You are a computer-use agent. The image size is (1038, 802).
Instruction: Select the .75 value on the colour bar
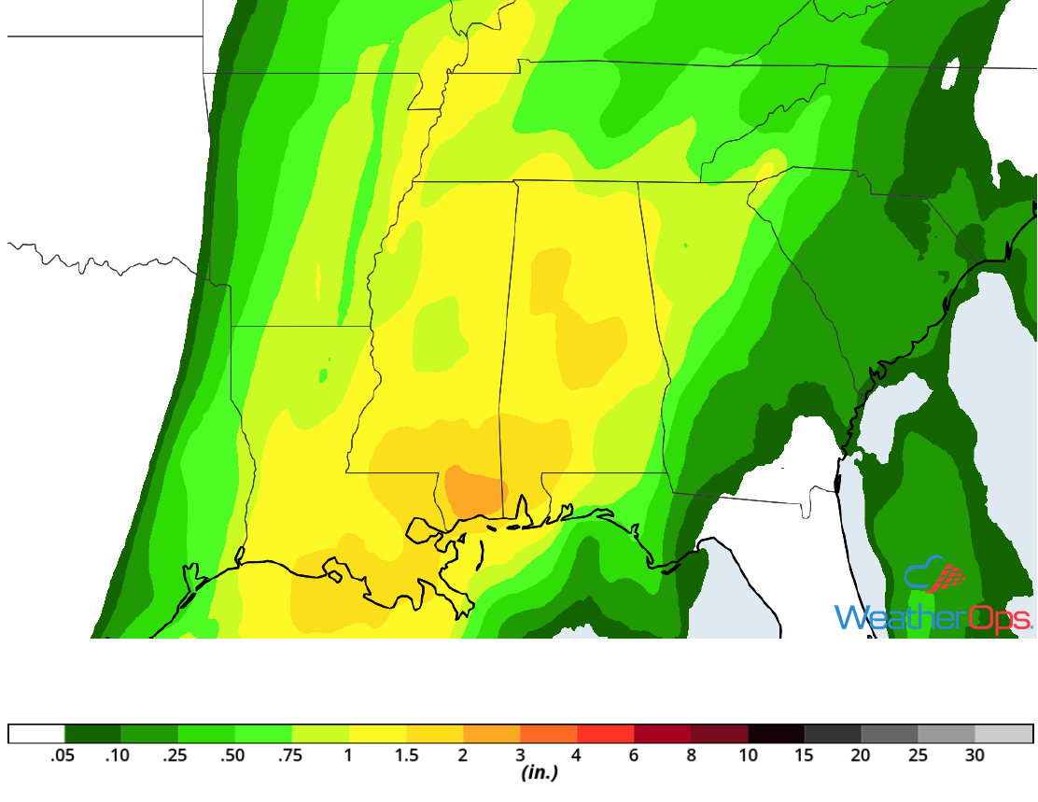291,755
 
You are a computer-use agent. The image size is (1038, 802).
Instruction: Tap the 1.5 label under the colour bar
405,755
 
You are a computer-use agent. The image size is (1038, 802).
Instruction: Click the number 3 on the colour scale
519,755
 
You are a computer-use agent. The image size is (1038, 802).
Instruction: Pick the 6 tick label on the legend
634,755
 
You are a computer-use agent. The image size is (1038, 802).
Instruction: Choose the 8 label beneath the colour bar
691,755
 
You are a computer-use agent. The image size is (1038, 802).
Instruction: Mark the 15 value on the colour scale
805,755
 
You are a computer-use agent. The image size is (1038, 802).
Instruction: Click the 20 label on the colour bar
862,755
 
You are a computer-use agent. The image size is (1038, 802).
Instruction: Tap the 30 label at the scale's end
975,755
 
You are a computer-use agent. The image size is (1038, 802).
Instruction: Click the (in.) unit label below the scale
539,773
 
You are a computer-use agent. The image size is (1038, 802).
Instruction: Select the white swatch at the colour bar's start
36,733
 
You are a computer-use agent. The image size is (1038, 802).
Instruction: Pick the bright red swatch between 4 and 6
606,733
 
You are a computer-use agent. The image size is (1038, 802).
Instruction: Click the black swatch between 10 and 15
777,733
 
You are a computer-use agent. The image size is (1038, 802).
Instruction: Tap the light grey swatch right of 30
1003,733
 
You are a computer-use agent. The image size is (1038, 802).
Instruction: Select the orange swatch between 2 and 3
491,733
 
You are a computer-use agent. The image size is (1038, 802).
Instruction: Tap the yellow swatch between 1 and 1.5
377,733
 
